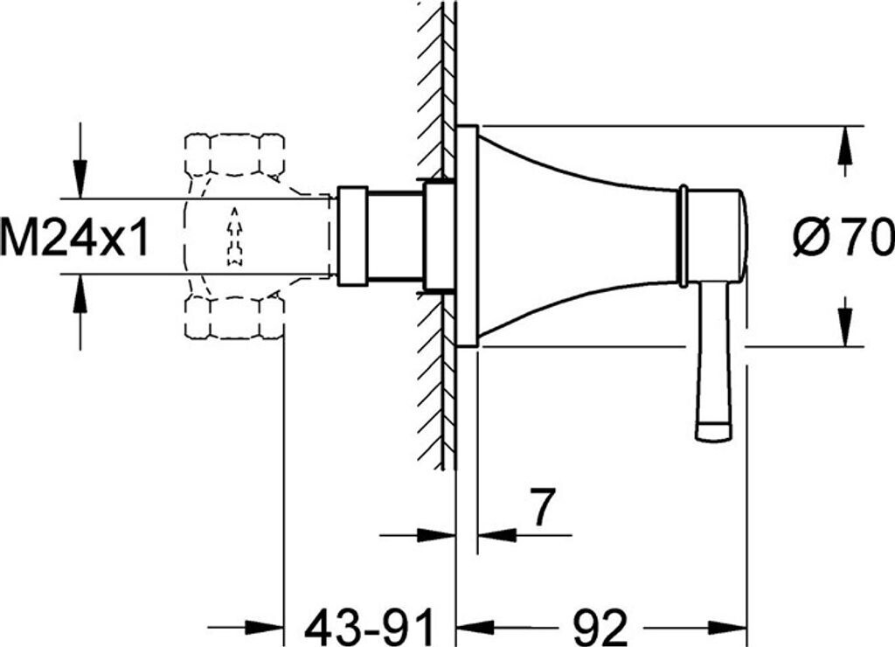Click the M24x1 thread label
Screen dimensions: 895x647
click(x=74, y=237)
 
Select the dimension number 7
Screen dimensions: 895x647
click(x=541, y=507)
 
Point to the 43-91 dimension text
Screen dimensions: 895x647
click(x=370, y=626)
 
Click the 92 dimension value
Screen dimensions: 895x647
click(x=600, y=626)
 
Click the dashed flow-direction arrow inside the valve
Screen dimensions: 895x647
click(x=234, y=236)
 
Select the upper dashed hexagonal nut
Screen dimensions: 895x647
click(x=234, y=154)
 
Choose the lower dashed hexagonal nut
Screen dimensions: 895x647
click(x=234, y=317)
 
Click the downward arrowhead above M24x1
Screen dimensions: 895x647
click(x=80, y=180)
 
